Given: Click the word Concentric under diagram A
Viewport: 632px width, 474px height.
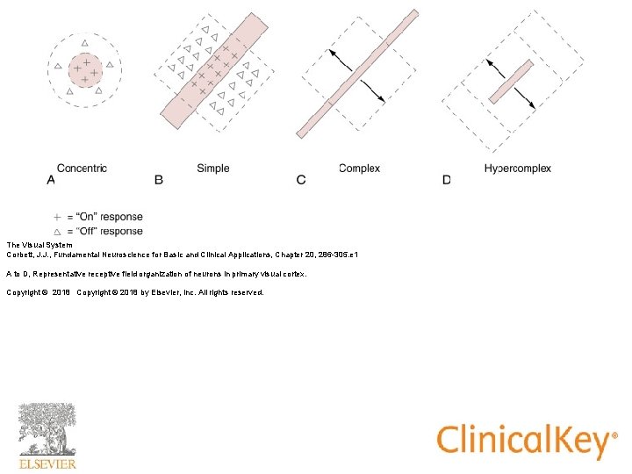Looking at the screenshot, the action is coord(82,168).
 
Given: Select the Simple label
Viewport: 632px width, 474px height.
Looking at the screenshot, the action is coord(213,168).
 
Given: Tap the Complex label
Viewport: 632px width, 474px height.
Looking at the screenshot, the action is coord(359,168).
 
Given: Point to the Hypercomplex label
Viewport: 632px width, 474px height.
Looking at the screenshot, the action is coord(517,168).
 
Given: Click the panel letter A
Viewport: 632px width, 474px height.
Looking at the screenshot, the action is coord(50,180).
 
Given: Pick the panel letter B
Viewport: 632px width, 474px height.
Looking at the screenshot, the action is coord(159,180).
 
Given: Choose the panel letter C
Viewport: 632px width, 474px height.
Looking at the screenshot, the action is coord(301,180).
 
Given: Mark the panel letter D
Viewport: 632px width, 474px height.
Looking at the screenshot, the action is coord(447,180).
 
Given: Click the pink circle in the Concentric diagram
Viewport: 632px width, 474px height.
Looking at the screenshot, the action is coord(83,68).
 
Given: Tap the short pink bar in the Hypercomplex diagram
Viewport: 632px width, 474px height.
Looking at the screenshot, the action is coord(511,81).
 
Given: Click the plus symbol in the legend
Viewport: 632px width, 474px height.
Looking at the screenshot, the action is coord(58,217).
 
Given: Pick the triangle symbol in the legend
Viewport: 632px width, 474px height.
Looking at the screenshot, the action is coord(58,231).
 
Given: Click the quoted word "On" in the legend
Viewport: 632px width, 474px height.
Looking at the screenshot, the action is coord(88,217).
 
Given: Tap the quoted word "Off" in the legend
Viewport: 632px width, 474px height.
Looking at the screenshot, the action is coord(88,231).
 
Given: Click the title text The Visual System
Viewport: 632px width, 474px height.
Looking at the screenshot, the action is coord(35,245).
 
